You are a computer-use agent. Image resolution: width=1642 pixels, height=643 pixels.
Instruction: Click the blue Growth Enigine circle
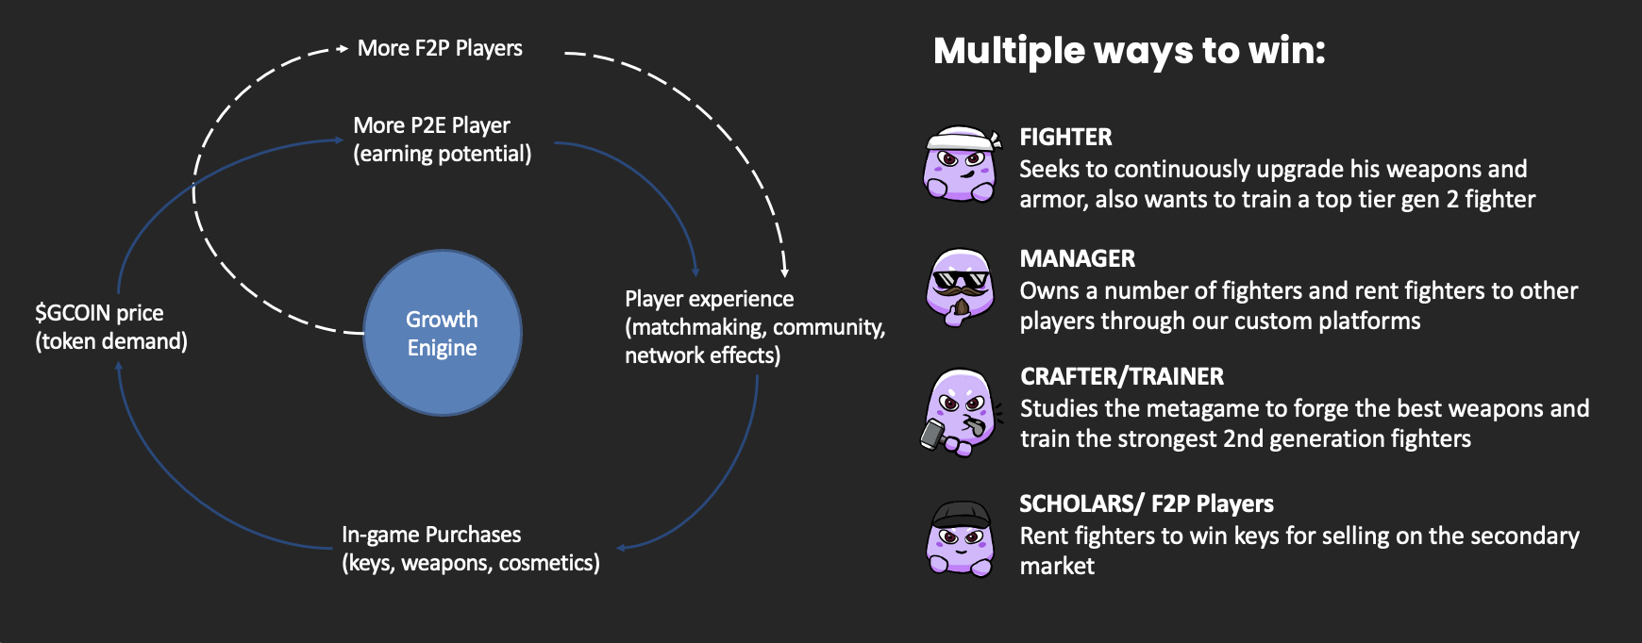(x=443, y=333)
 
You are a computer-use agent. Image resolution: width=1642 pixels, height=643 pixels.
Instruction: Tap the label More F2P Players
(x=440, y=48)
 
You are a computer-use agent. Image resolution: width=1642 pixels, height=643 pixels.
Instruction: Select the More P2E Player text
(x=431, y=125)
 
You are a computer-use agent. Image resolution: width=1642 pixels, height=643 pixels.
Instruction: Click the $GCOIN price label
(x=99, y=313)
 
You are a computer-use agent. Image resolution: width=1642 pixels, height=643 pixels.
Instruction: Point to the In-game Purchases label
(x=431, y=535)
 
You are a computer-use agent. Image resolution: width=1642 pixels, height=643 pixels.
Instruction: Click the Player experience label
(x=709, y=299)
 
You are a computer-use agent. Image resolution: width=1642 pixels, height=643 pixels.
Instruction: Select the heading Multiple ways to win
(x=1129, y=51)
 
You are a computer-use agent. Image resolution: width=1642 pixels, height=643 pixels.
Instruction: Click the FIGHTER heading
(x=1065, y=138)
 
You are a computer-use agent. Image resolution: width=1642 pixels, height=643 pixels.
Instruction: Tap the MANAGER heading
(x=1077, y=259)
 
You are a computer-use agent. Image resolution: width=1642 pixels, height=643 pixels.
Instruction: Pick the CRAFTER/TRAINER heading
(x=1121, y=377)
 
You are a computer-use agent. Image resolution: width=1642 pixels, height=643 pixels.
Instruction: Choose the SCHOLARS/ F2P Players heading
(x=1146, y=504)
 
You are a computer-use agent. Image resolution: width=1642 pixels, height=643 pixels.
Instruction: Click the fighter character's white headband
(x=961, y=140)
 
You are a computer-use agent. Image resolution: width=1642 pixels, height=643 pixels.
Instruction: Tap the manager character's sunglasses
(x=960, y=279)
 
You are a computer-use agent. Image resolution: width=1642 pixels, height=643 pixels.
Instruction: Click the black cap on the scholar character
(x=960, y=515)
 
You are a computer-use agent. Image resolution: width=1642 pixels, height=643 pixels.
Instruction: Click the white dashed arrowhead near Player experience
(x=784, y=272)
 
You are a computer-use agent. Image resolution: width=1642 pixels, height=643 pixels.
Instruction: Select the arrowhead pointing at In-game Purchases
(x=621, y=548)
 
